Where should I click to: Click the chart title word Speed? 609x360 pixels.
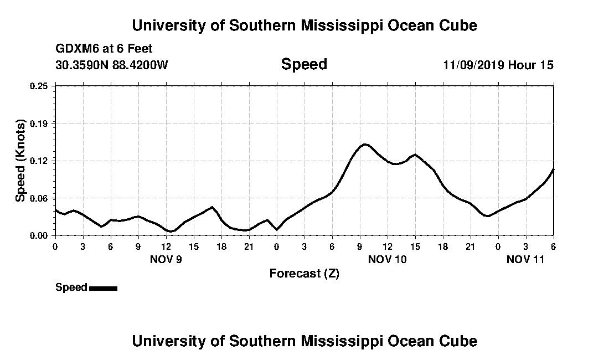[304, 64]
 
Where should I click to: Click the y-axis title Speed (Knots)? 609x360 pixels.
[20, 161]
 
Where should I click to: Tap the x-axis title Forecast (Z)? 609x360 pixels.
[304, 274]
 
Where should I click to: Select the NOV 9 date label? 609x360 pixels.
[166, 259]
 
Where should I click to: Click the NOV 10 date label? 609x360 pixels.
[387, 259]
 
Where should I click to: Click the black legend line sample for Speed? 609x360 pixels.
[103, 288]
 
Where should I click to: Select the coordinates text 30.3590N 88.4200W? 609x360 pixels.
[112, 65]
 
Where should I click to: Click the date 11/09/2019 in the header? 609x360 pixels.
[473, 65]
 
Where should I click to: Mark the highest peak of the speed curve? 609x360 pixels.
[365, 145]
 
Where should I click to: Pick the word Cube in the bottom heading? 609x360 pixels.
[461, 341]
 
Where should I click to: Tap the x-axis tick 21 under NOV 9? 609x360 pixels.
[249, 246]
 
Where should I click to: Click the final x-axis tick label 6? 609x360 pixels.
[553, 246]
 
